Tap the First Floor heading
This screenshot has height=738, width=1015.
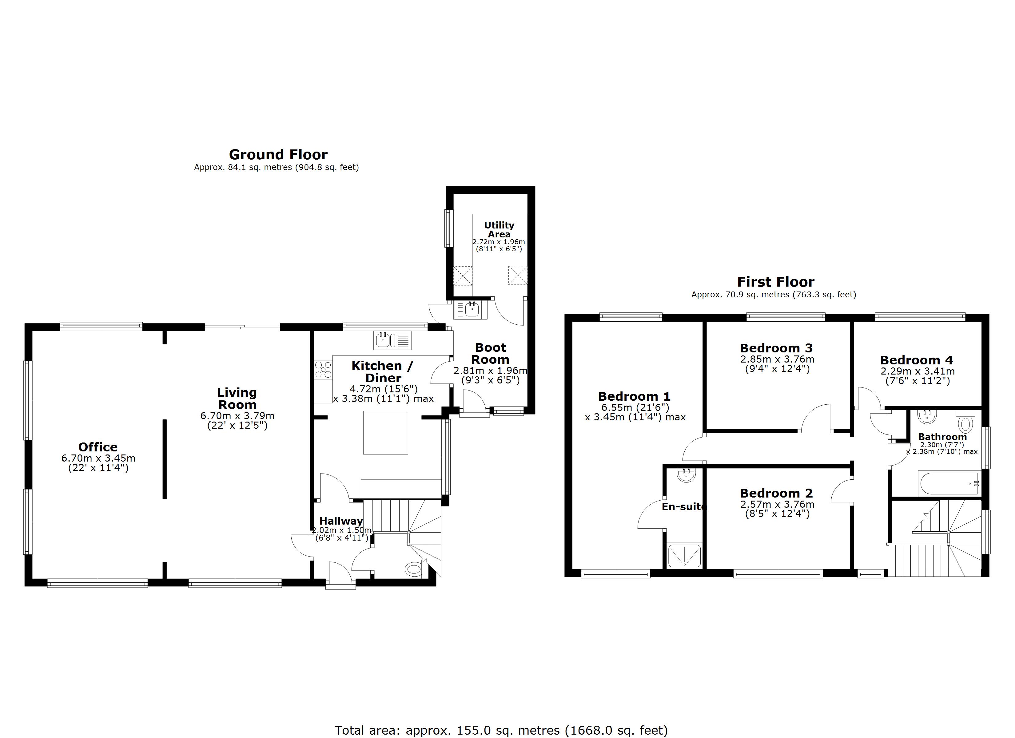point(776,282)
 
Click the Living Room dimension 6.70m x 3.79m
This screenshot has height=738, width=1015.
point(237,415)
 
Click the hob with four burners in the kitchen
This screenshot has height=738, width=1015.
point(323,370)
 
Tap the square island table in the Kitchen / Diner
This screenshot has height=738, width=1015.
point(385,432)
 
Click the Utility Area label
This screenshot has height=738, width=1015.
point(499,230)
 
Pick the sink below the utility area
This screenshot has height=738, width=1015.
point(470,309)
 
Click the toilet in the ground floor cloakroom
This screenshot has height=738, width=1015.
point(413,569)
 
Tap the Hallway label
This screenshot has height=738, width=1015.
point(341,521)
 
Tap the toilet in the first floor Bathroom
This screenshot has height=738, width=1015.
point(965,422)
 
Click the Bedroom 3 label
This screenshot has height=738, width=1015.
point(776,348)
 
